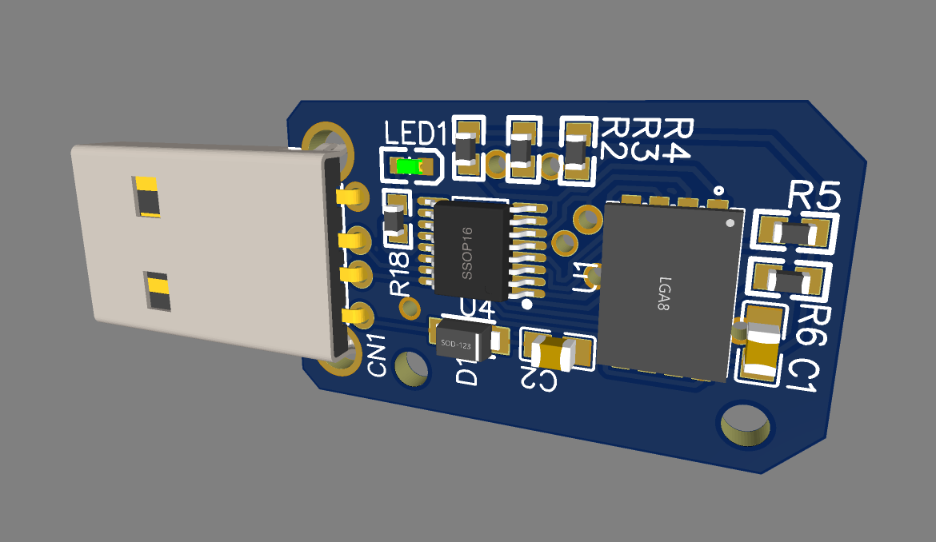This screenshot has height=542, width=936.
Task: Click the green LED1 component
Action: (x=409, y=166)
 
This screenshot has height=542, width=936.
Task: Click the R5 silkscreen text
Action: (x=814, y=196)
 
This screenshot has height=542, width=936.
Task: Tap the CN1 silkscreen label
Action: (x=377, y=356)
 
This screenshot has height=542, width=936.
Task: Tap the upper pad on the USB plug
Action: (x=147, y=197)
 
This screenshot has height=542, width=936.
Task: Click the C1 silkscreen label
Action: (x=802, y=377)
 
